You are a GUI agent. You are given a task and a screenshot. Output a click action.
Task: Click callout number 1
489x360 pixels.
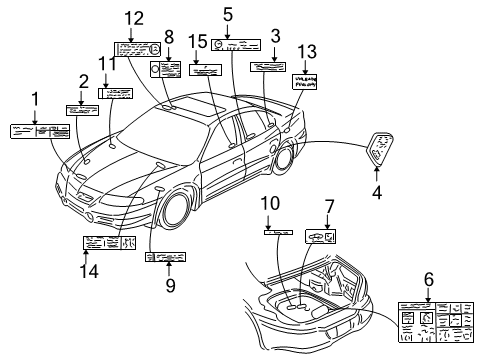pos(36,99)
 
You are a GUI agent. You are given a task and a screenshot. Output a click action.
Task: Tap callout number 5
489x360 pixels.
pos(229,14)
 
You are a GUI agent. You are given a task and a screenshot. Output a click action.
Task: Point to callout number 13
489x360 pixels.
pos(306,51)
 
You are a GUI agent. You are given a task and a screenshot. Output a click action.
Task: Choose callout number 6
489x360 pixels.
pos(428,281)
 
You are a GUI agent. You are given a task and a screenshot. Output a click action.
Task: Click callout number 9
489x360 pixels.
pos(170,285)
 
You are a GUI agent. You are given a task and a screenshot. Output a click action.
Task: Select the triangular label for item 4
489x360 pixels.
pos(378,149)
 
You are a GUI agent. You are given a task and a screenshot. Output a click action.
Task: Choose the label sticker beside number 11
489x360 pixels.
pos(116,93)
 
